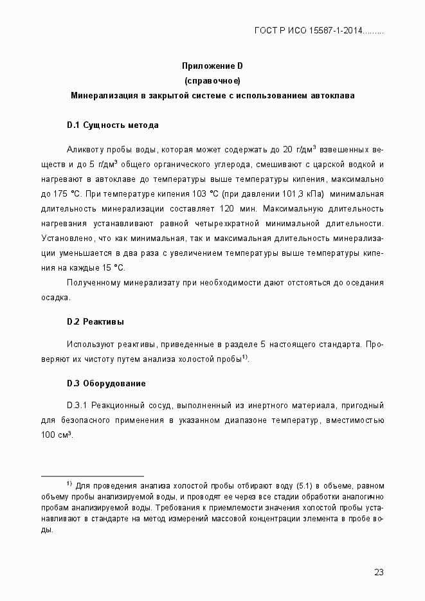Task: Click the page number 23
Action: click(378, 573)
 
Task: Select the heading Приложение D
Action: click(212, 66)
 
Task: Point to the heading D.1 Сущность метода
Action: click(113, 125)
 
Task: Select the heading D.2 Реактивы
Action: click(95, 321)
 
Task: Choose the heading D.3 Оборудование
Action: click(106, 384)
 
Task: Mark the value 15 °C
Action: click(113, 267)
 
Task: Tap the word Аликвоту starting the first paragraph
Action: click(86, 149)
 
